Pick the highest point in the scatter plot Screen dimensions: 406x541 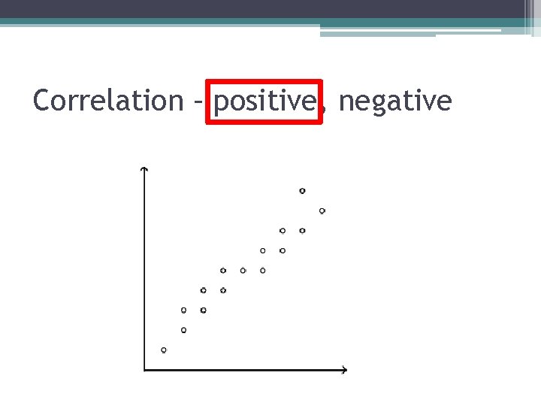[x=302, y=191]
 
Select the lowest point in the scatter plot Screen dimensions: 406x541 [x=164, y=350]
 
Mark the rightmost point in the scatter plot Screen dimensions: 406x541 [x=322, y=211]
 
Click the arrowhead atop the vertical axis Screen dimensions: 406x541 [x=144, y=169]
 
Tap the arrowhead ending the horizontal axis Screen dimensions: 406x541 [x=344, y=369]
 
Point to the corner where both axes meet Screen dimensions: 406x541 [x=144, y=369]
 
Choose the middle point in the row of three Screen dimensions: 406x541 [x=243, y=270]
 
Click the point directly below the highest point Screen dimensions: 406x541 [x=302, y=231]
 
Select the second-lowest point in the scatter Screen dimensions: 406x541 [x=183, y=329]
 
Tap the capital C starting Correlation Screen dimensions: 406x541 [x=41, y=100]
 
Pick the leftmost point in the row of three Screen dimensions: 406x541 [x=223, y=270]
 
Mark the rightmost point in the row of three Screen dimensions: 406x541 [x=262, y=270]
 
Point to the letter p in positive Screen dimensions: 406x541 [x=220, y=104]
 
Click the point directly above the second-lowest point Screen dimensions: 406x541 [x=183, y=310]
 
